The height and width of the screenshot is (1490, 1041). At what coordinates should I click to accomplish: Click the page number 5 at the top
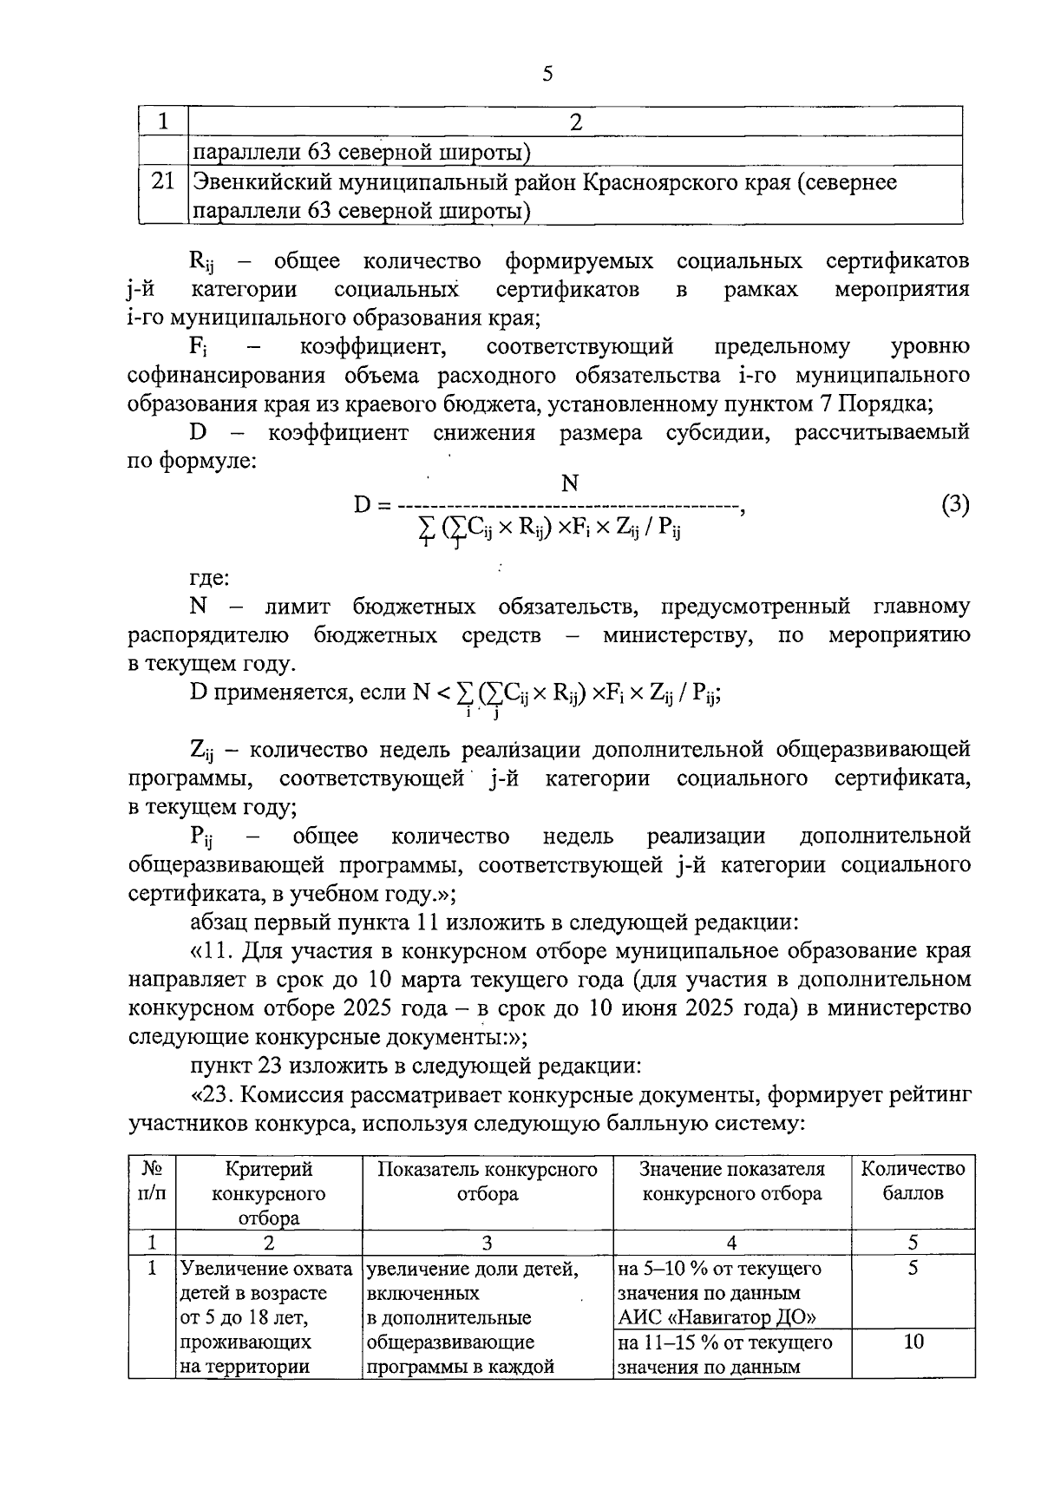click(x=547, y=74)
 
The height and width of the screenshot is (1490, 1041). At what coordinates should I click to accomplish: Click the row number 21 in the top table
click(x=161, y=181)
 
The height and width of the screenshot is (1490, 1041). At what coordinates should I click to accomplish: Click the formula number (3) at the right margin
click(x=954, y=504)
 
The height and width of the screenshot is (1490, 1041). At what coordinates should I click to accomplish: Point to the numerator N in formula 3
click(x=570, y=484)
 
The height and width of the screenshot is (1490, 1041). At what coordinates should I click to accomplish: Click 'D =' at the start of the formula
click(x=374, y=504)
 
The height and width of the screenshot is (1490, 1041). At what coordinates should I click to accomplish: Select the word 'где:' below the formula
click(x=209, y=577)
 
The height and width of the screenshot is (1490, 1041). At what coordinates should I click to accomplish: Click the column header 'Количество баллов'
click(x=913, y=1181)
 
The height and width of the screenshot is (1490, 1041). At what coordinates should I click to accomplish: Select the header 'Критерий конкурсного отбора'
click(x=268, y=1193)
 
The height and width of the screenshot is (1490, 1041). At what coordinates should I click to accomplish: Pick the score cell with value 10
click(x=913, y=1342)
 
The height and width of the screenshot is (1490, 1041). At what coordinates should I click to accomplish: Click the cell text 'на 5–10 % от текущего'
click(x=719, y=1269)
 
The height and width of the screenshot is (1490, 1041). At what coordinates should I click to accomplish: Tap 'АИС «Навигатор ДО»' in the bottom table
click(x=717, y=1317)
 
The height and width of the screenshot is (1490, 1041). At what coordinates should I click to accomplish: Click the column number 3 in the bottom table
click(x=487, y=1243)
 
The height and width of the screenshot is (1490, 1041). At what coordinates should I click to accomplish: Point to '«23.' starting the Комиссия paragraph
click(x=212, y=1095)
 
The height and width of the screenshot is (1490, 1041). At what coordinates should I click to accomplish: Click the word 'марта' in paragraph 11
click(x=436, y=981)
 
